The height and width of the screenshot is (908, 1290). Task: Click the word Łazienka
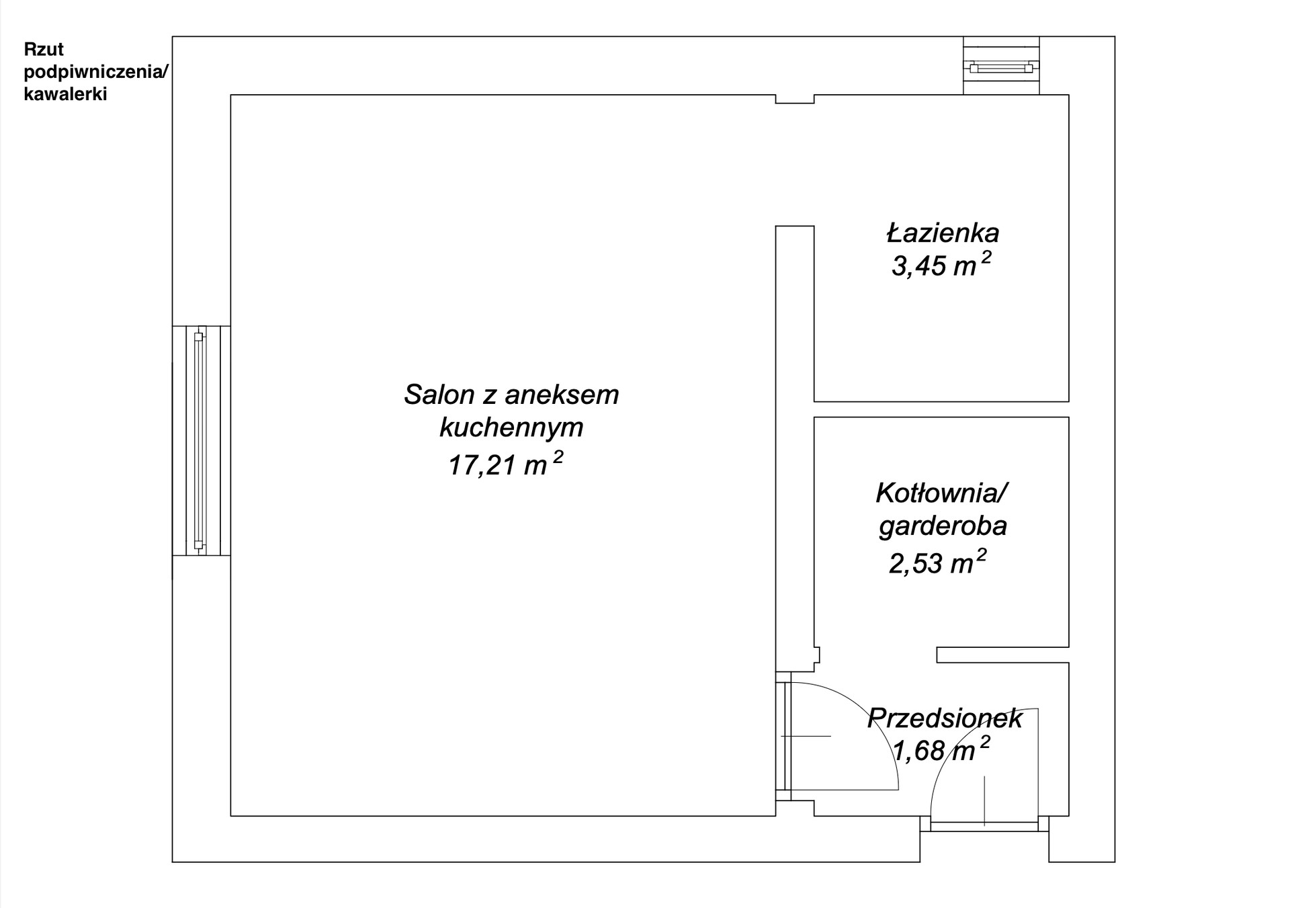coord(943,233)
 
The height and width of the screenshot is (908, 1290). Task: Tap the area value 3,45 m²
coord(941,265)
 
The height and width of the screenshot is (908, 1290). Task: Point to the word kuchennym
coord(511,428)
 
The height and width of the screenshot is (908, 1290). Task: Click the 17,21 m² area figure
coord(505,464)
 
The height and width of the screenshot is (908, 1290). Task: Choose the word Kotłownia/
coord(942,493)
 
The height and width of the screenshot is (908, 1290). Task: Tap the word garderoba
coord(943,526)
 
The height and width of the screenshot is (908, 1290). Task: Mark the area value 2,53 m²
coord(938,562)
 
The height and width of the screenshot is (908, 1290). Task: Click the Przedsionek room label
coord(945,718)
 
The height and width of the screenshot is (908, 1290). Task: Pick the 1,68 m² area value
coord(941,749)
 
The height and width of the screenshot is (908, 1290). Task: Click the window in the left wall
coord(202,441)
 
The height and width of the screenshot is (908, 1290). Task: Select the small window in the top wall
coord(1001,66)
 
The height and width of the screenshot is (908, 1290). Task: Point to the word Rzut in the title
coord(44,49)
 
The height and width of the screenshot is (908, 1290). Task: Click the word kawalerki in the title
coord(65,94)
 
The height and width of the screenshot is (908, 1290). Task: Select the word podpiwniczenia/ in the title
coord(96,72)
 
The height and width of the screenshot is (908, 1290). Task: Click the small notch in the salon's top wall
coord(795,99)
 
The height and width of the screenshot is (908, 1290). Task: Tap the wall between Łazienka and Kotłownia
coord(941,409)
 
